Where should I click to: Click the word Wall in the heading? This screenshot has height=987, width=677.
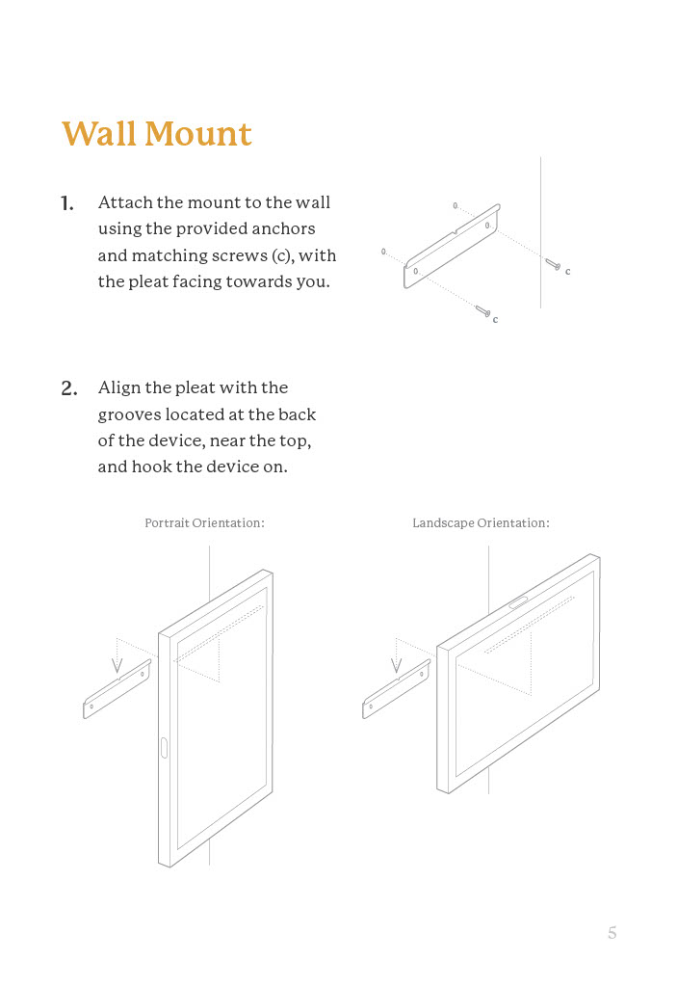[99, 134]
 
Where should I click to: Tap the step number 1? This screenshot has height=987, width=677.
[67, 203]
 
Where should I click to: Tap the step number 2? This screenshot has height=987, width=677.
[68, 388]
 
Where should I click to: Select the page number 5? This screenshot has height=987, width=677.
[612, 932]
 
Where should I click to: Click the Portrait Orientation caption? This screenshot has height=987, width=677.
[204, 522]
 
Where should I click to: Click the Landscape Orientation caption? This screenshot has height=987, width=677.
[481, 522]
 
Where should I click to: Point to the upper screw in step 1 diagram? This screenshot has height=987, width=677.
[552, 263]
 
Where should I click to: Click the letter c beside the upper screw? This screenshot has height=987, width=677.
[568, 272]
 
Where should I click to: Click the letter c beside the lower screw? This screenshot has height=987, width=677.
[495, 319]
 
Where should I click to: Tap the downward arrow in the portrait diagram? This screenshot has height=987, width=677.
[117, 664]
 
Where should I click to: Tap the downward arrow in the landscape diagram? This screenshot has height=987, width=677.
[396, 664]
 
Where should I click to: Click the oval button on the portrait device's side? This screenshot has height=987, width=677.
[164, 747]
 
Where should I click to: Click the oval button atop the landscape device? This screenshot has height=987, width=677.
[518, 602]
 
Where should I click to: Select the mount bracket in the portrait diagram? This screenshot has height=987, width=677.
[117, 690]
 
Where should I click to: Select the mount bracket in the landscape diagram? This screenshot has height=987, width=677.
[396, 690]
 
